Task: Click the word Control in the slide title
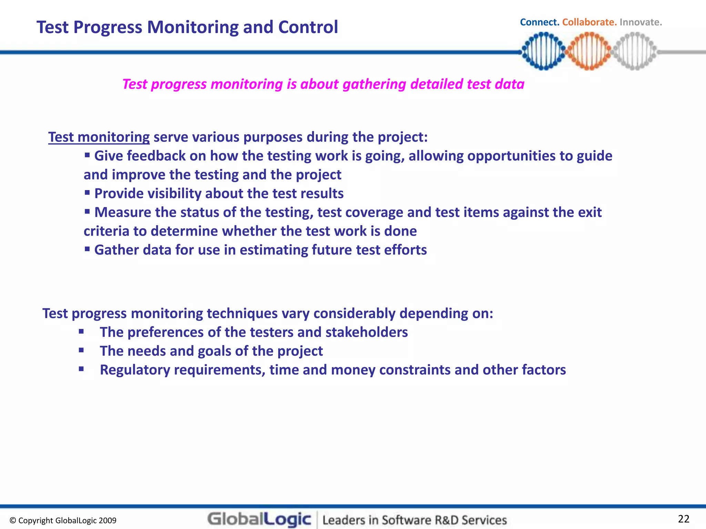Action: [x=308, y=27]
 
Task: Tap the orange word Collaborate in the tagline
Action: [x=589, y=22]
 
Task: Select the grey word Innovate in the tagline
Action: [x=641, y=22]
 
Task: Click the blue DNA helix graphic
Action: [x=543, y=51]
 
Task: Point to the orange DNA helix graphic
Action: [x=589, y=51]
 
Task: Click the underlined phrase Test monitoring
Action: [x=99, y=137]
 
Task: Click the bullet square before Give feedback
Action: [x=87, y=155]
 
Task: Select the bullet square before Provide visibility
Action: [x=87, y=193]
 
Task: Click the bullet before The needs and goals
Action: [x=81, y=351]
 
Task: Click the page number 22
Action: [x=684, y=519]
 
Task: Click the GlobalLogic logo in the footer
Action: [x=259, y=519]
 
